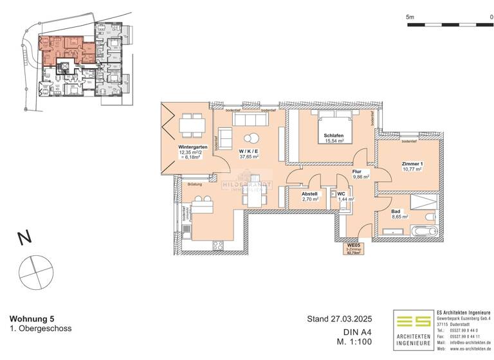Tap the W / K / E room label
(x=248, y=148)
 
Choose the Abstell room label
(x=311, y=194)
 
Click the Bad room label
(x=396, y=212)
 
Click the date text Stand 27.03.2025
(x=340, y=318)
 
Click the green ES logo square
(x=413, y=323)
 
